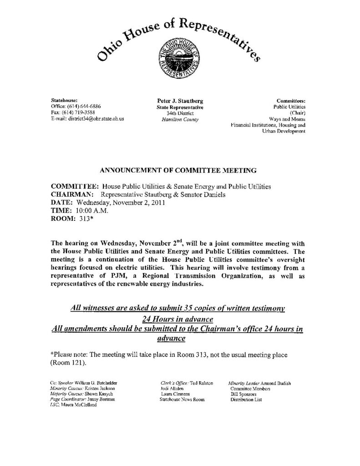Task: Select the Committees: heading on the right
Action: point(291,100)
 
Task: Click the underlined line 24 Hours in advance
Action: point(180,318)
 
